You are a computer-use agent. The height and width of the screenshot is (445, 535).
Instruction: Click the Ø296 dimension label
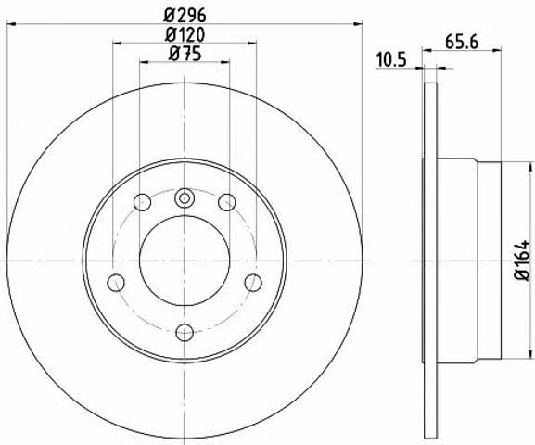click(x=185, y=16)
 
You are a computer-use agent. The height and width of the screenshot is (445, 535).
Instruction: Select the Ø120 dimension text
click(x=185, y=35)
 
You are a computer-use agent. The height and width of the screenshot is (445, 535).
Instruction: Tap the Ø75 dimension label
click(x=185, y=54)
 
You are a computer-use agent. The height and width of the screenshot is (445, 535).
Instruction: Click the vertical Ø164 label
click(x=522, y=260)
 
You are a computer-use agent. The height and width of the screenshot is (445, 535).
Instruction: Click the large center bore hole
click(x=185, y=261)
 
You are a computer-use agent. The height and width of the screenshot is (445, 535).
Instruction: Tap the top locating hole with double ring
click(x=185, y=197)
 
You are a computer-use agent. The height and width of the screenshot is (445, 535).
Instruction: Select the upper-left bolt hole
click(x=142, y=202)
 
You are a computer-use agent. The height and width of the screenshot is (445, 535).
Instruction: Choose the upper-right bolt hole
click(x=227, y=202)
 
